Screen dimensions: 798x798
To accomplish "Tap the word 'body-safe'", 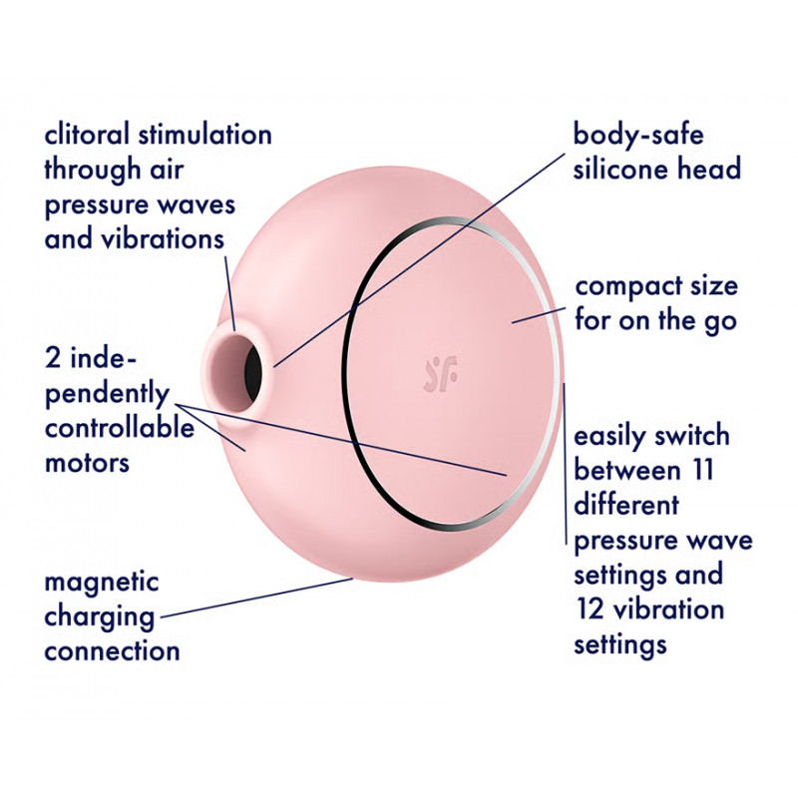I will (x=638, y=135).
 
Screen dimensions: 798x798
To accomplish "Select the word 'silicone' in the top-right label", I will (x=619, y=169).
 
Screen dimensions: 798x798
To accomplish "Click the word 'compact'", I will (x=626, y=287).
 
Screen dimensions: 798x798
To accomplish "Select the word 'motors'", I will (x=88, y=463).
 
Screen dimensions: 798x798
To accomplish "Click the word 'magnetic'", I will (x=101, y=582).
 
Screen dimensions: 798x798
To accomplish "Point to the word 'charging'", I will (x=98, y=616).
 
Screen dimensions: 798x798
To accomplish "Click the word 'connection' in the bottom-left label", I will (x=112, y=651).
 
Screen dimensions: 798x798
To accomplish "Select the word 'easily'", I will (x=610, y=437).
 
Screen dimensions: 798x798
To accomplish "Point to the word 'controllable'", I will (x=119, y=429).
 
